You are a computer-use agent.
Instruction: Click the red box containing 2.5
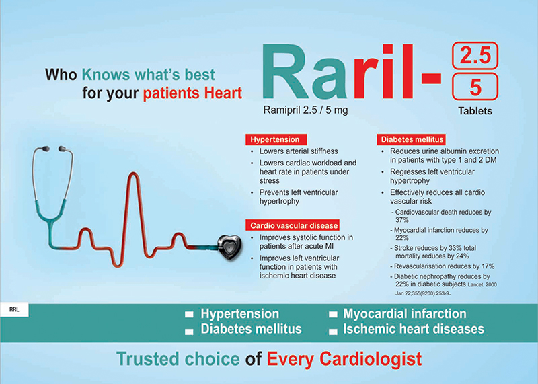click(475, 55)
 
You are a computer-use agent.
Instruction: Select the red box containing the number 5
click(475, 87)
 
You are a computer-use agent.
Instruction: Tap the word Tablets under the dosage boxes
click(475, 111)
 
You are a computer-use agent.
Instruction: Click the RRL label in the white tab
click(14, 309)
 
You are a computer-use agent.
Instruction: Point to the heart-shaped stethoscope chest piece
click(229, 247)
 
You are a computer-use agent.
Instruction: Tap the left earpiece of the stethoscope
click(45, 149)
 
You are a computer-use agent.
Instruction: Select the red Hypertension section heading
click(276, 139)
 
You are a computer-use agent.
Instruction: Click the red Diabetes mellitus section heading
click(411, 139)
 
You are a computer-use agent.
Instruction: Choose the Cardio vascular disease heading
click(293, 225)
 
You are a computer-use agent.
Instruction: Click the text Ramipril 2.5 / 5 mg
click(305, 110)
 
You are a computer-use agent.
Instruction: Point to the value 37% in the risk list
click(401, 220)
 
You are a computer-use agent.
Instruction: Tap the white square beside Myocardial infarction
click(333, 315)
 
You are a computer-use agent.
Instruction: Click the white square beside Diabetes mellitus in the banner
click(189, 332)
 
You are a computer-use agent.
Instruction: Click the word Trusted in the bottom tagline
click(149, 359)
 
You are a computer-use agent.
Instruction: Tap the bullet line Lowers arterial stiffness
click(299, 151)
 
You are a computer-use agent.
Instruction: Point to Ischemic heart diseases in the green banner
click(414, 329)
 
